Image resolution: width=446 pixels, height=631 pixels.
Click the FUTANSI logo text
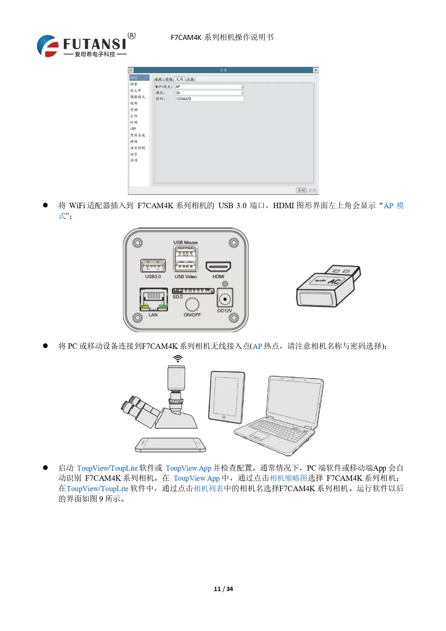tap(95, 44)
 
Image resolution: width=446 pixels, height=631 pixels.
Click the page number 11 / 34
tap(223, 589)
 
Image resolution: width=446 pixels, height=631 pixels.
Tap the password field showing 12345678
tap(209, 99)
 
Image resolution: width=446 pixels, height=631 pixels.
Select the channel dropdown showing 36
tap(209, 93)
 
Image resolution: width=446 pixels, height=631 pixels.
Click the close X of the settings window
tap(315, 70)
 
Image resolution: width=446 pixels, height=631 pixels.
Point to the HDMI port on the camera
tap(218, 267)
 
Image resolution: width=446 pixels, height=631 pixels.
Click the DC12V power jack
tap(225, 299)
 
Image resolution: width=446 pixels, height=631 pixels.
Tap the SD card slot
tap(193, 291)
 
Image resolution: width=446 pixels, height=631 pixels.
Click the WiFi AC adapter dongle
tap(328, 287)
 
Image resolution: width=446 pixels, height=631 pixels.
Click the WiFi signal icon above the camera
tap(178, 358)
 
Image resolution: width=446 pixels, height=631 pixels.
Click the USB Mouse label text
tap(185, 242)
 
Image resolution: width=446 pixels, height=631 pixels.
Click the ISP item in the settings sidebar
tap(133, 129)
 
